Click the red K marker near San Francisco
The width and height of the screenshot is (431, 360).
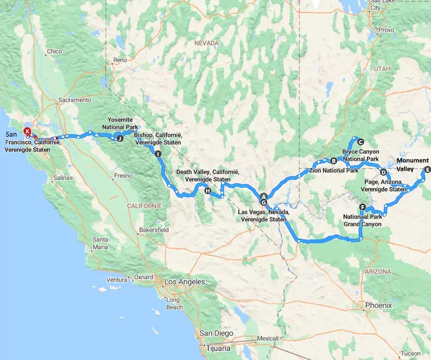27,131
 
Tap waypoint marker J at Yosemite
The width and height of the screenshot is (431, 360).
120,138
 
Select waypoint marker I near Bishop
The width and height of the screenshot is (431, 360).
157,153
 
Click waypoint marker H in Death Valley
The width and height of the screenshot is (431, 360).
207,192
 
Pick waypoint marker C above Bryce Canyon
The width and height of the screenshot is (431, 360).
361,142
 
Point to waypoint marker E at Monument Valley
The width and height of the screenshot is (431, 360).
426,170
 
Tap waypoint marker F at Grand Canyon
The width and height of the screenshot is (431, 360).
362,207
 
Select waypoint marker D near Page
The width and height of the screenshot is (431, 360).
383,172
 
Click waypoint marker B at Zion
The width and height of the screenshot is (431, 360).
333,160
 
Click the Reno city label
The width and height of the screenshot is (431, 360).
120,60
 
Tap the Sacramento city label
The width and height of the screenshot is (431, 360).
74,100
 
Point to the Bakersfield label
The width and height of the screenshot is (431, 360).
153,230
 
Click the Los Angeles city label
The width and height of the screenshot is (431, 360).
184,282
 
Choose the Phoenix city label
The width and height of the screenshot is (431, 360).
379,305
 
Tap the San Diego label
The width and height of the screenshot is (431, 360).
217,333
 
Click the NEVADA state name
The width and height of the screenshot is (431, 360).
206,43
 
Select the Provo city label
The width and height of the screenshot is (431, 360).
386,30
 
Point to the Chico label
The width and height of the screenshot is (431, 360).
55,52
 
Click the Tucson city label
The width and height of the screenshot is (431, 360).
411,354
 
